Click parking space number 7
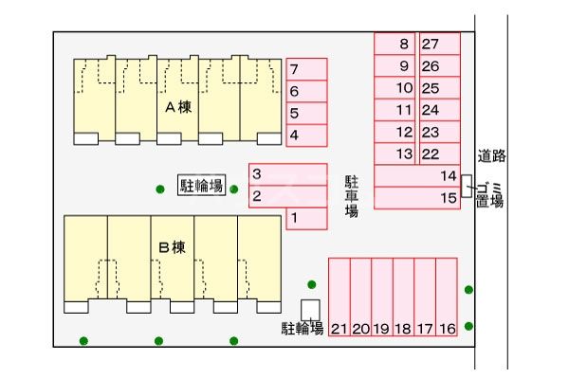tap(306, 69)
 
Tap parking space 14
tap(417, 176)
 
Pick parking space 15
tap(417, 198)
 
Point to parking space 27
tap(439, 44)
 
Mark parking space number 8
tap(395, 44)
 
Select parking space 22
tap(439, 154)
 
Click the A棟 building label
tap(179, 107)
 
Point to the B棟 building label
tap(172, 248)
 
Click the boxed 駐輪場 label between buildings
tap(202, 185)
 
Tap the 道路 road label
tap(491, 156)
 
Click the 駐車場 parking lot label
tap(351, 196)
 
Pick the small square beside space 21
tap(310, 309)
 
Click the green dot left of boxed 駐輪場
tap(160, 189)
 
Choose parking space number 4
tap(306, 135)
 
